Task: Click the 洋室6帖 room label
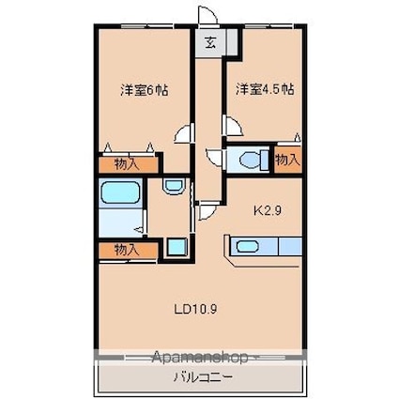(145, 90)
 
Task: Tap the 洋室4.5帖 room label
(265, 89)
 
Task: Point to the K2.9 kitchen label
(267, 210)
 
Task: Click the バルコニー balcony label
(204, 376)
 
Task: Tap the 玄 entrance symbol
(210, 42)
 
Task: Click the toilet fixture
(254, 159)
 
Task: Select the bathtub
(119, 192)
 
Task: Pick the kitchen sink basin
(247, 246)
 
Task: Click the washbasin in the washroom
(173, 187)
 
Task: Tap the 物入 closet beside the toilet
(288, 160)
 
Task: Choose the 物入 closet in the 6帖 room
(129, 164)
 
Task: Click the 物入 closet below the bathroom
(128, 251)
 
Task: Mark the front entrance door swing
(207, 15)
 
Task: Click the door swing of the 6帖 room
(184, 133)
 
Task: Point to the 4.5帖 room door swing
(232, 126)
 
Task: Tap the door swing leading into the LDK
(207, 211)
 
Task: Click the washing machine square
(176, 247)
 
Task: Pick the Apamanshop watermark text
(199, 357)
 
